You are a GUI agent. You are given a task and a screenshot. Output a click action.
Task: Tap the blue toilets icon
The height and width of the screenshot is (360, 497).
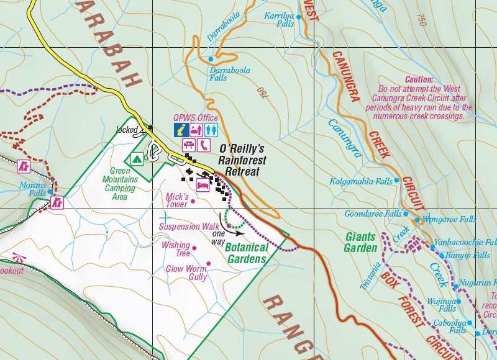click(x=212, y=130)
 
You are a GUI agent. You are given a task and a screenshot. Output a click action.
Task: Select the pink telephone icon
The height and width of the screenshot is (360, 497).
click(x=204, y=145)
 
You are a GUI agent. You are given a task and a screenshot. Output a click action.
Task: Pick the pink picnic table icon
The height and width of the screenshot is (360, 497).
click(x=189, y=145)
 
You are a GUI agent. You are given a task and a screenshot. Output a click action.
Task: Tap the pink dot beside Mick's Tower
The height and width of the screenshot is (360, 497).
click(x=193, y=201)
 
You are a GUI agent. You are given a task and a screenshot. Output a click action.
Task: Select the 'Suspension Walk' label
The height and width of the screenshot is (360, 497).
click(x=188, y=227)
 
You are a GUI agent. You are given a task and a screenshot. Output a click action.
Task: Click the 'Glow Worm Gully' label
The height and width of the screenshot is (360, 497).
click(x=186, y=273)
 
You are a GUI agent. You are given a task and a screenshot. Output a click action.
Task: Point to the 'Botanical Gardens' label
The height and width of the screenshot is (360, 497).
click(x=247, y=253)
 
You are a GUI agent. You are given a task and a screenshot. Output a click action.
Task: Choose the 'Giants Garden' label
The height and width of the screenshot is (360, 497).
click(x=360, y=243)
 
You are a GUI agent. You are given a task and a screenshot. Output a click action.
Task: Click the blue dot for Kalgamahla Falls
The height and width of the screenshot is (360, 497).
click(x=398, y=182)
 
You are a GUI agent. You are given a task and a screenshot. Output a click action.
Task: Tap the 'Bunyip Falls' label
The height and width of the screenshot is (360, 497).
click(x=468, y=255)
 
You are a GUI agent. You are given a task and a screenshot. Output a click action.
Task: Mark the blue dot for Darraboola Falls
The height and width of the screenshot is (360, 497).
click(x=211, y=59)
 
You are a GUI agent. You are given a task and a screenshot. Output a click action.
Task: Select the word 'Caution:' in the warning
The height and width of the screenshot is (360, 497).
click(x=419, y=80)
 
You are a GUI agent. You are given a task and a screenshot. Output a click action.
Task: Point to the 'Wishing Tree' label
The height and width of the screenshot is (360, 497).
click(x=176, y=249)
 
